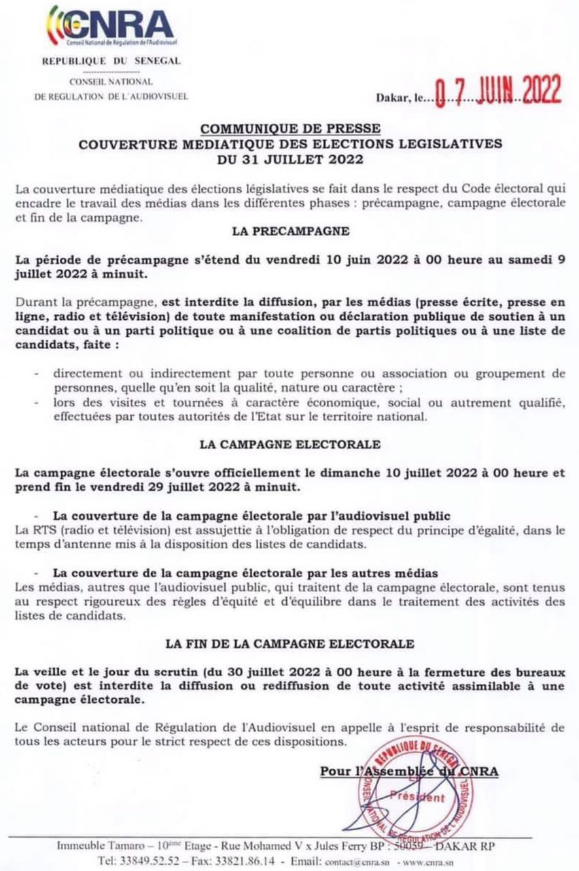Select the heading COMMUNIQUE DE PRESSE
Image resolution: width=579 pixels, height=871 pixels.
coord(290,130)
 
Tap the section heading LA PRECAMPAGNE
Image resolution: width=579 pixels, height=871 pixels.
coord(290,231)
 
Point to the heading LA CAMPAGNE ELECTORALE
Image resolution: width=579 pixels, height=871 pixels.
coord(290,444)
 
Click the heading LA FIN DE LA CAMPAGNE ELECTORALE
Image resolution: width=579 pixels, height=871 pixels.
coord(290,643)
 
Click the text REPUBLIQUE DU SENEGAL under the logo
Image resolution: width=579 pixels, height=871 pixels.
coord(111,61)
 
